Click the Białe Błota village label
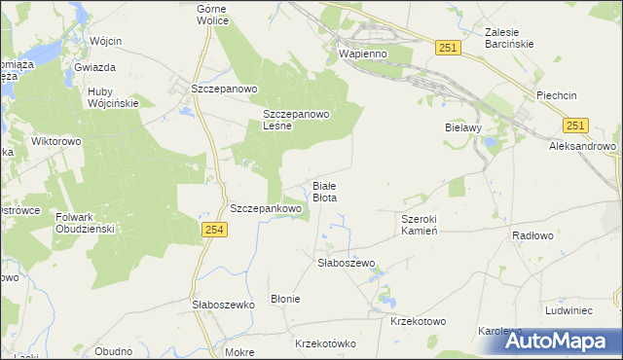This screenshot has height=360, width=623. click(324, 191)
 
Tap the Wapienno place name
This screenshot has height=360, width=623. click(363, 54)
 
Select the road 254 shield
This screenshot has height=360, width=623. click(215, 229)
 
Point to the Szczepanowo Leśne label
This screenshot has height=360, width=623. click(298, 120)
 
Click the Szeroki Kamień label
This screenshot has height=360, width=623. click(428, 225)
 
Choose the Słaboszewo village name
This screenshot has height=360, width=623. click(347, 263)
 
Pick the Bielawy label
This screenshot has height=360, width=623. click(464, 127)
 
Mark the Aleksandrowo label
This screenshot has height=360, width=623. click(583, 146)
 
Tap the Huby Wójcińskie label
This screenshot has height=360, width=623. click(114, 97)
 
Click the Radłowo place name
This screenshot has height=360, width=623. click(533, 235)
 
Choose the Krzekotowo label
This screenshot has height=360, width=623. click(417, 321)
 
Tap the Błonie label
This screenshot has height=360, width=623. click(285, 299)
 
